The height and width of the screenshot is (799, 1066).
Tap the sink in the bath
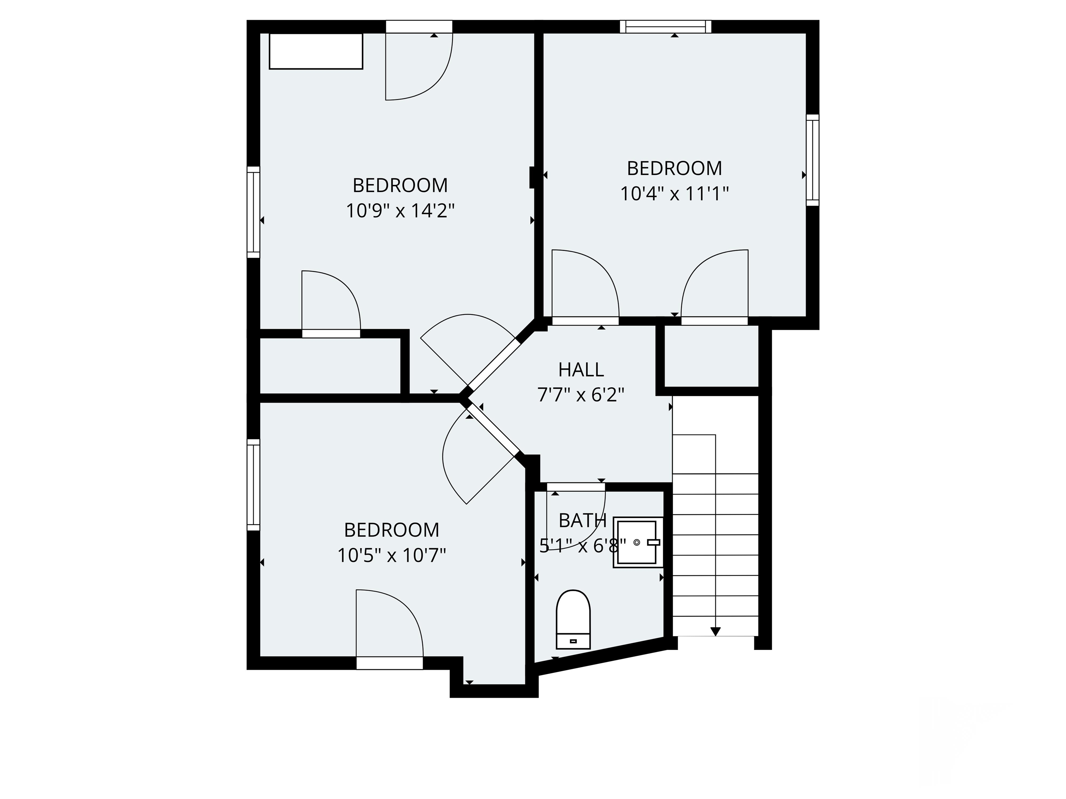[636, 543]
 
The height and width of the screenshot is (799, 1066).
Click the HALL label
[581, 370]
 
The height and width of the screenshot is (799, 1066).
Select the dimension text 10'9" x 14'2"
[400, 211]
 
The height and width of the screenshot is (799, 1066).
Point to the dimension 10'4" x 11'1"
[674, 194]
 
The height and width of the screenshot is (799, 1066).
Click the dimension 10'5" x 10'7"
[391, 556]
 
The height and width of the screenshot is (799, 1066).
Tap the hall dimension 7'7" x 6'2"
[581, 395]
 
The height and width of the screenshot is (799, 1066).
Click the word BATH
[582, 521]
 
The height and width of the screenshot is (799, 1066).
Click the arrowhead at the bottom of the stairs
[716, 632]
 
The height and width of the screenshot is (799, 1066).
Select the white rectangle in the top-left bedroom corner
[316, 51]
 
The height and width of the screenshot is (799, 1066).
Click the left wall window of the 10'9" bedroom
[254, 212]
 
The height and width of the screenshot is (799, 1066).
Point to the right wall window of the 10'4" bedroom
[812, 160]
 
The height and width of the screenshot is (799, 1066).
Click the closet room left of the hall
[330, 366]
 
